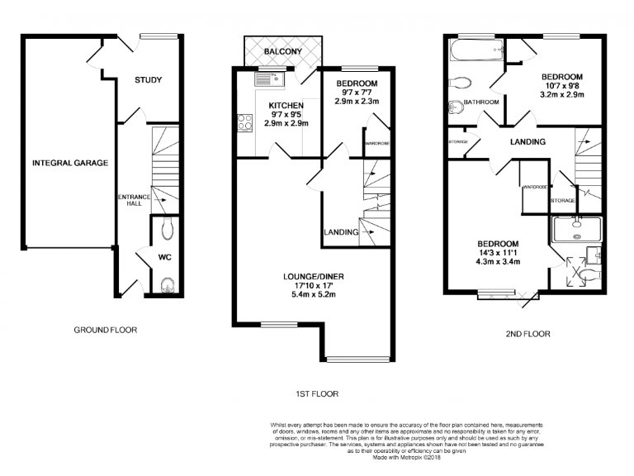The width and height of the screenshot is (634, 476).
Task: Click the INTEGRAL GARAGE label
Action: (x=70, y=164)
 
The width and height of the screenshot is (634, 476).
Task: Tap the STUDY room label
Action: (x=149, y=80)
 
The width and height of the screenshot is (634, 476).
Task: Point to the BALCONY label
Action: (x=282, y=52)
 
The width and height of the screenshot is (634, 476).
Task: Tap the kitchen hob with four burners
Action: (x=245, y=124)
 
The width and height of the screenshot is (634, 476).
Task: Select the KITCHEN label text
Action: (x=286, y=106)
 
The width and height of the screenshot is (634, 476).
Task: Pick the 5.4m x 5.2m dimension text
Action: (x=307, y=294)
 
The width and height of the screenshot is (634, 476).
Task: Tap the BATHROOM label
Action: (x=480, y=102)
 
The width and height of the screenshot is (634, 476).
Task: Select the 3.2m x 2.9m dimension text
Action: (x=561, y=95)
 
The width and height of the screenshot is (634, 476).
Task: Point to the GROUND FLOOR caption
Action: (x=106, y=330)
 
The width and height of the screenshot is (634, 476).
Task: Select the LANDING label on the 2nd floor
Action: (x=528, y=142)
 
